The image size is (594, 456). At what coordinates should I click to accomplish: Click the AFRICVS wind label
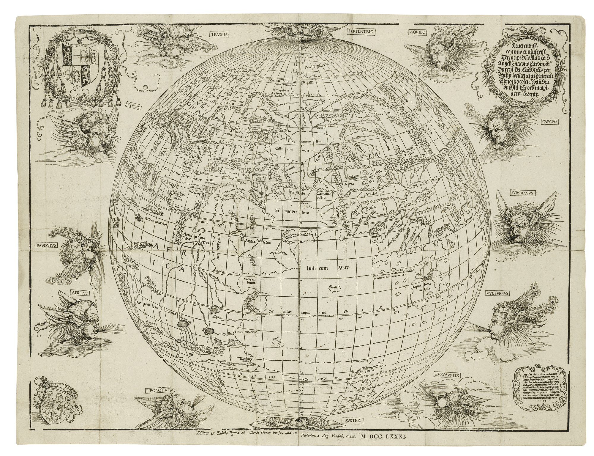(78, 292)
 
